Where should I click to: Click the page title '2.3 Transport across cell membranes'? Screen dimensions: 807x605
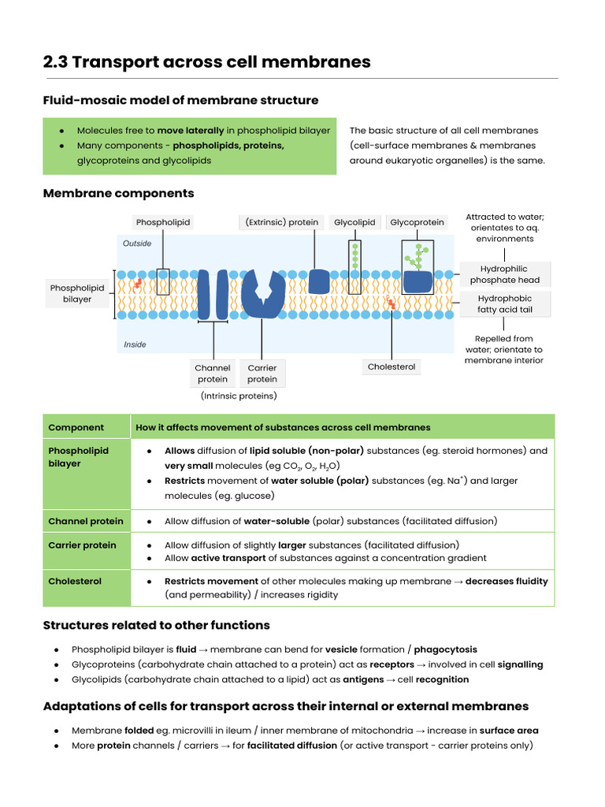pos(206,62)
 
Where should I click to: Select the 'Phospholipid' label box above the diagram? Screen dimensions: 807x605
pos(163,222)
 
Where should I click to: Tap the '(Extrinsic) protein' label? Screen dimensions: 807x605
pos(282,222)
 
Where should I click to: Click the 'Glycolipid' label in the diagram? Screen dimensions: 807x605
pos(354,222)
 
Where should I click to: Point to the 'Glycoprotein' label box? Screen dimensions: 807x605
pos(417,222)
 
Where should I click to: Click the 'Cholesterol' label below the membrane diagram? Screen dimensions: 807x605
pos(392,366)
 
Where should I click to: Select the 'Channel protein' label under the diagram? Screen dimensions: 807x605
pos(213,374)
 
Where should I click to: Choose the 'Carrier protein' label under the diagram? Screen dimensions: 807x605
pos(262,374)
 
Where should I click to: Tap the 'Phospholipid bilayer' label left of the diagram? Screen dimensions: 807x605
pos(77,293)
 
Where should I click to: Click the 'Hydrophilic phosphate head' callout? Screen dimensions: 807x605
pos(505,274)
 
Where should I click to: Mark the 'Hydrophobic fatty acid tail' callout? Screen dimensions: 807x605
pos(505,303)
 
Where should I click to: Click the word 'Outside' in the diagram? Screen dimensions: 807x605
pos(137,244)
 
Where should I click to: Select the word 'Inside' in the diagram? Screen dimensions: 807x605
pos(135,344)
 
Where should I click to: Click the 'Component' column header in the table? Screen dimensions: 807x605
pos(76,427)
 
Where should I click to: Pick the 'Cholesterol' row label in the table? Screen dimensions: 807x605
pos(75,581)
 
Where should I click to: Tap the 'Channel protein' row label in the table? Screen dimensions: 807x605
pos(86,521)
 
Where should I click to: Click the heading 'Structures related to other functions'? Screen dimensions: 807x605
pos(156,625)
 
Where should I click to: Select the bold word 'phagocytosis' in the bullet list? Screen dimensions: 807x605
pos(445,649)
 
